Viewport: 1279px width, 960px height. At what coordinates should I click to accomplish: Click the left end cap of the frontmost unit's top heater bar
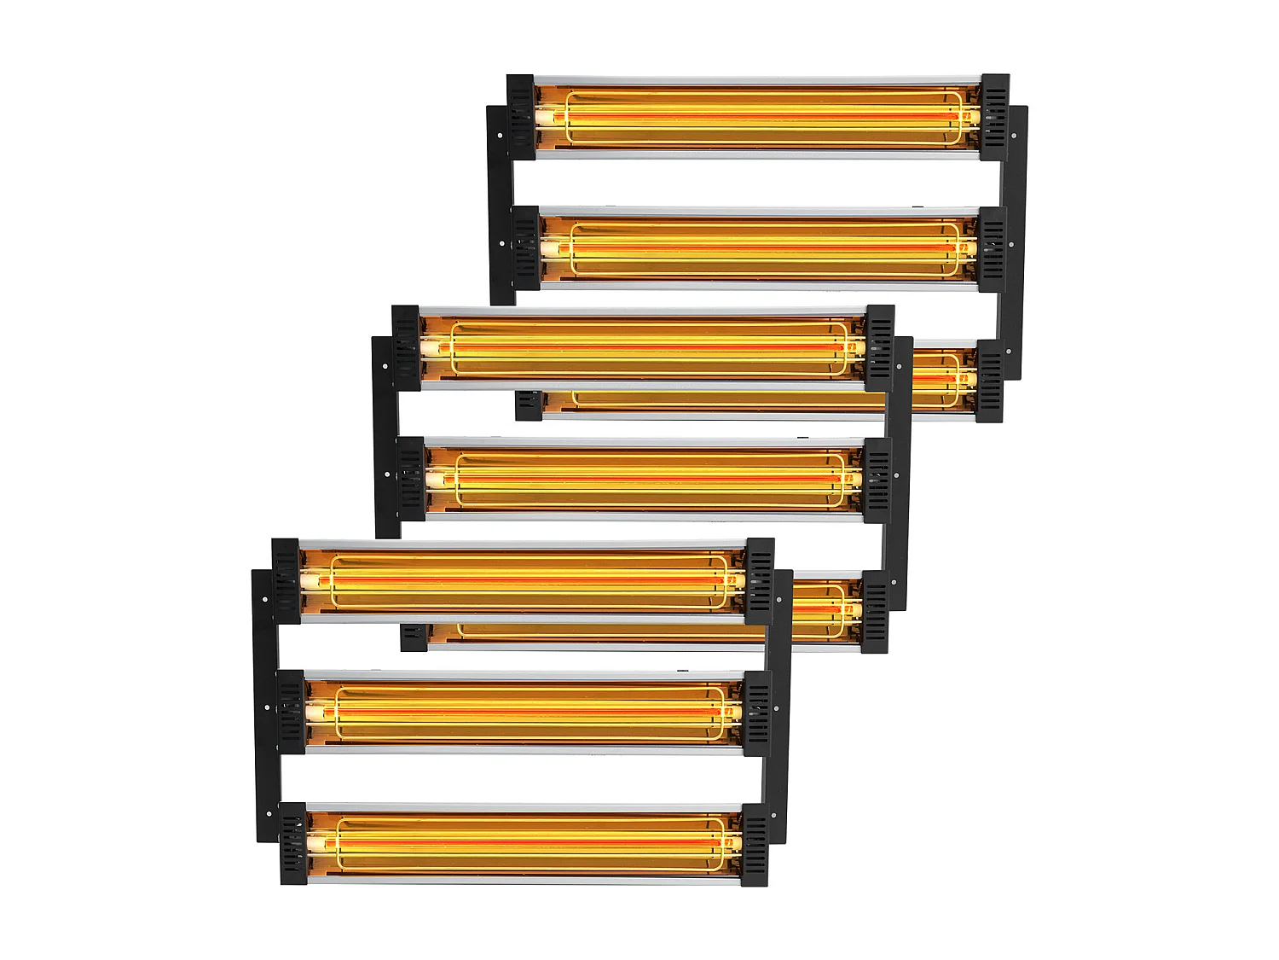[x=286, y=580]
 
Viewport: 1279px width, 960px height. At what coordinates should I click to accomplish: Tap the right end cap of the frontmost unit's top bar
[x=759, y=580]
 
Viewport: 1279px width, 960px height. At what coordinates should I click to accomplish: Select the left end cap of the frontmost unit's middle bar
[x=292, y=712]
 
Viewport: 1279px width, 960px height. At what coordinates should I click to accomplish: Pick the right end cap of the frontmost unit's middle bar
[x=756, y=712]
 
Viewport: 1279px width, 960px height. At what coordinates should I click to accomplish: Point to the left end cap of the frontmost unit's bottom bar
[x=292, y=843]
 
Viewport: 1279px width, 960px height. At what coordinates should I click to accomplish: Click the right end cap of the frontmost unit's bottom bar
[x=755, y=843]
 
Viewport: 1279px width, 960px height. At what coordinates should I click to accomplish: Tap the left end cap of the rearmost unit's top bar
[x=521, y=117]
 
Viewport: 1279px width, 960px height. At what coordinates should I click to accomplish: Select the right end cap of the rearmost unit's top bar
[x=994, y=117]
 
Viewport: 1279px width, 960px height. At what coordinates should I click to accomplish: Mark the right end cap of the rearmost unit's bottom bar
[x=989, y=381]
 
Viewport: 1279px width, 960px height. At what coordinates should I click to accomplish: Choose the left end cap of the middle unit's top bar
[x=407, y=348]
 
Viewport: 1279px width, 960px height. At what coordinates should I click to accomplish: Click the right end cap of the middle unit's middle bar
[x=877, y=480]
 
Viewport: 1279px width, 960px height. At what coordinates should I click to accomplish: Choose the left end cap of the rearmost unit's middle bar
[x=527, y=247]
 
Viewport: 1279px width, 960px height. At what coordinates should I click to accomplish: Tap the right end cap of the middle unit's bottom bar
[x=874, y=612]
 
